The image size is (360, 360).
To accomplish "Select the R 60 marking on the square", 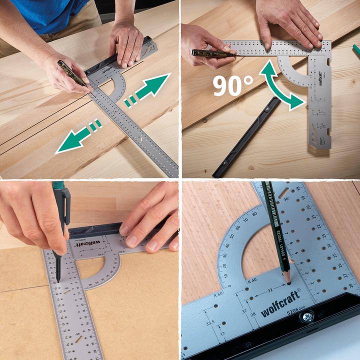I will click(x=218, y=294).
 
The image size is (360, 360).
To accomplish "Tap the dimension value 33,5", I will click(x=210, y=323).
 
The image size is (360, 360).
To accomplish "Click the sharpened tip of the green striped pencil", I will click(x=288, y=283).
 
